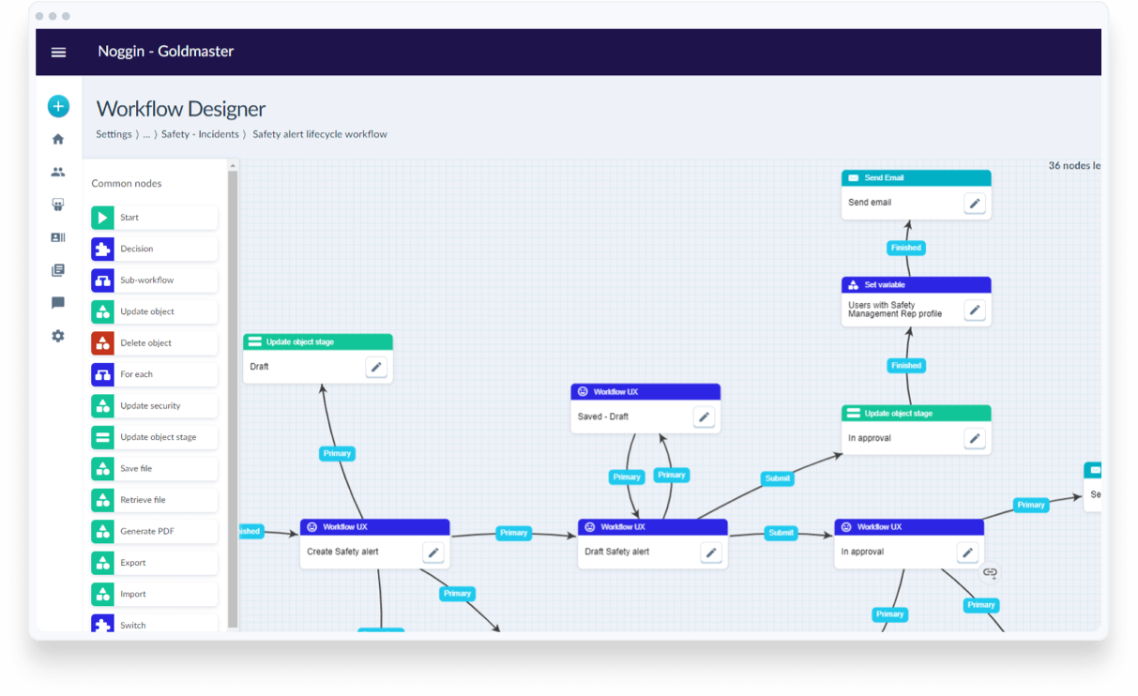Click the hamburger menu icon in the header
pos(58,53)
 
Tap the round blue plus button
pos(58,107)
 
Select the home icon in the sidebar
pos(58,140)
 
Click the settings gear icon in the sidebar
pos(58,336)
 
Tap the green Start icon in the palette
pos(102,218)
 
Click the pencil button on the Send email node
pos(975,204)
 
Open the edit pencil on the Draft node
pos(376,368)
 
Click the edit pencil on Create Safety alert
pos(432,552)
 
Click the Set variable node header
pos(916,284)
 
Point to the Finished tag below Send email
pos(906,248)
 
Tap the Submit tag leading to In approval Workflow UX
pos(781,533)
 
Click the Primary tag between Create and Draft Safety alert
pos(513,533)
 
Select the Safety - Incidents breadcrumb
pos(200,134)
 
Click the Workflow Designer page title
pos(181,109)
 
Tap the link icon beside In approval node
pos(990,572)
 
